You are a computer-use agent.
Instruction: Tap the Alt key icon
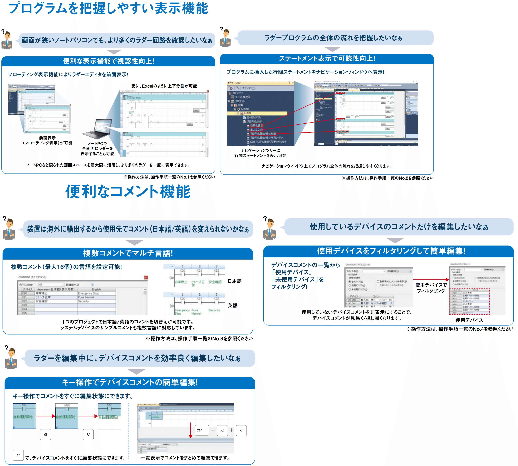coord(222,431)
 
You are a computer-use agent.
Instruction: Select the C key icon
coord(241,430)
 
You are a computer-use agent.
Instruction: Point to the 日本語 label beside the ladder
coord(235,281)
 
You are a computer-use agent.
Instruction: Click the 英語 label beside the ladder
coord(232,305)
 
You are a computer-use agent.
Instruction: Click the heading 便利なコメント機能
coord(128,191)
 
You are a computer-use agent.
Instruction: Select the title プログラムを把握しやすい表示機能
coord(108,8)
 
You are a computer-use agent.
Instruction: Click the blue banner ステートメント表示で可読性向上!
coord(327,59)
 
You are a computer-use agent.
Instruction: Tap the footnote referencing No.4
coord(460,329)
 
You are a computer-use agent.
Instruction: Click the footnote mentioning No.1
coord(169,177)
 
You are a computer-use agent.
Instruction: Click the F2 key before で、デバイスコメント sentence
coord(18,455)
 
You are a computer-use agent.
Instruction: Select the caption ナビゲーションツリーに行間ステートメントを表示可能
coord(260,153)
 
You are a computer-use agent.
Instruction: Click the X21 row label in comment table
coord(24,297)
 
